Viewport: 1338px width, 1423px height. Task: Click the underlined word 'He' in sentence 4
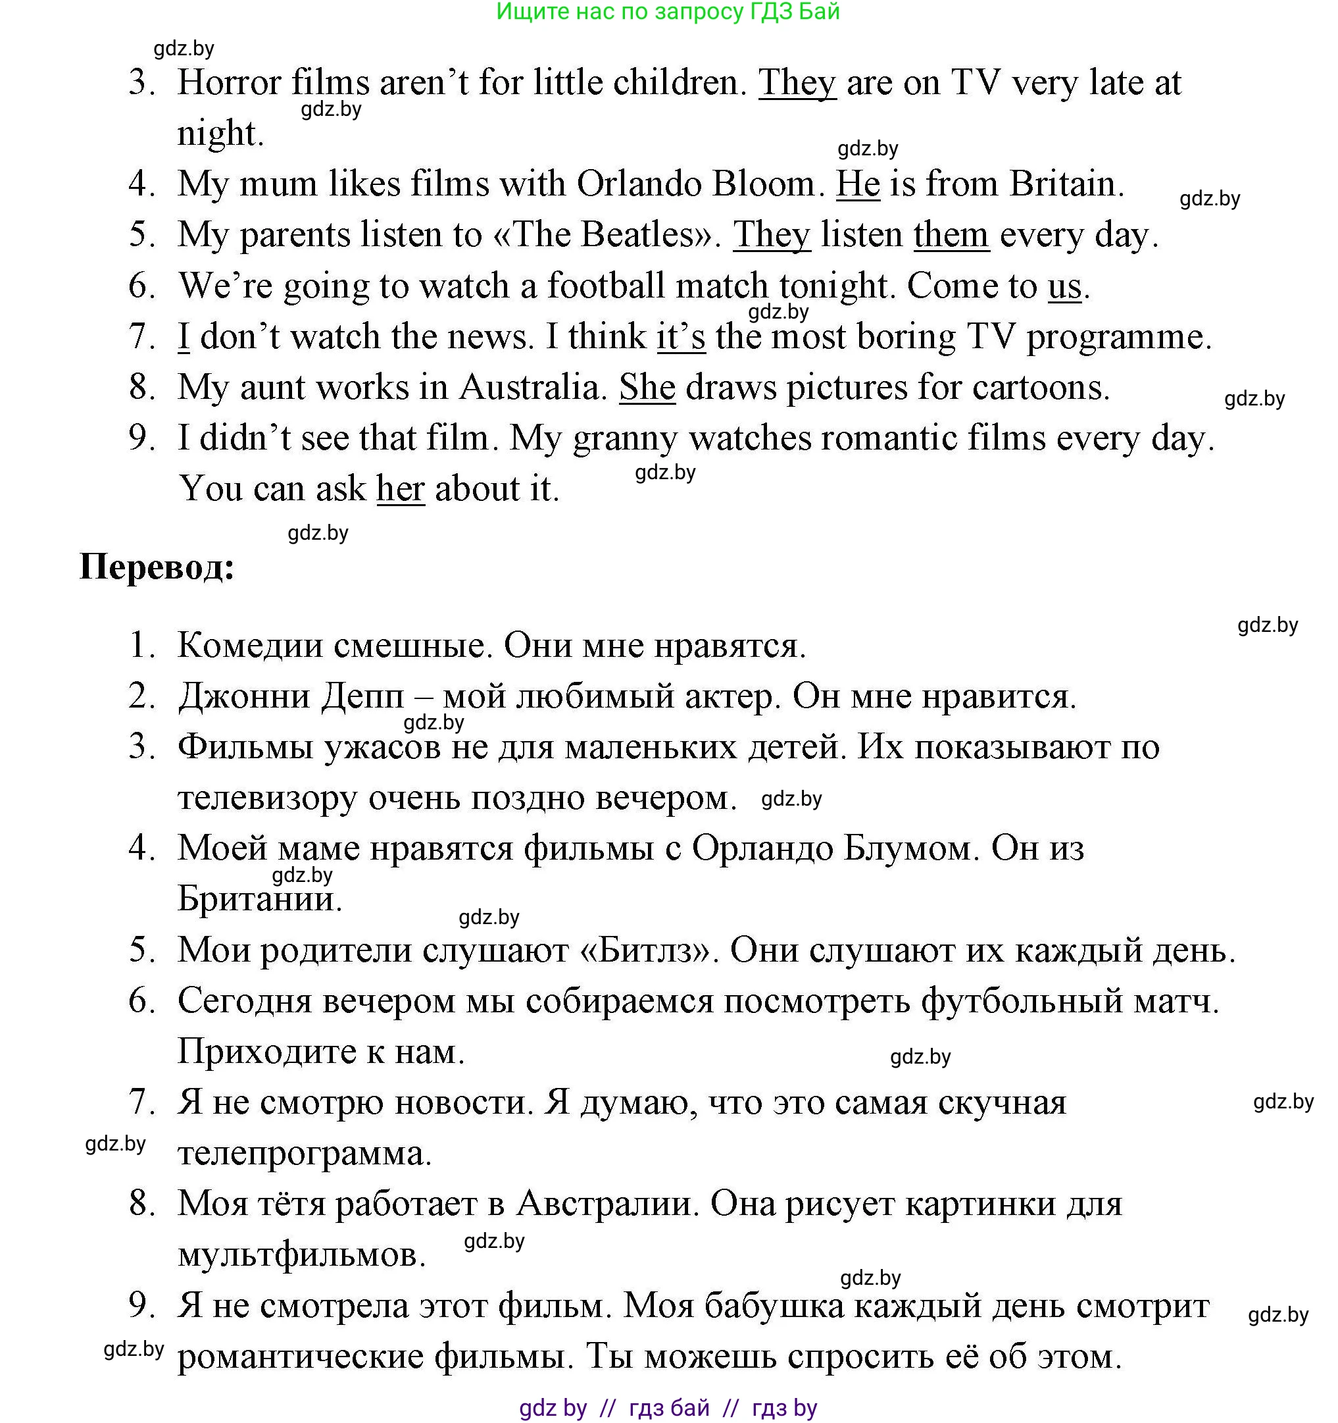(x=857, y=184)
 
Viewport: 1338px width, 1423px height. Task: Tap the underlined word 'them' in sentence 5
(x=951, y=235)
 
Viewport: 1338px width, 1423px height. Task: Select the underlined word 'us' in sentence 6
(x=1064, y=286)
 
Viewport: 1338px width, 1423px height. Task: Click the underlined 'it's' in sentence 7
(x=680, y=336)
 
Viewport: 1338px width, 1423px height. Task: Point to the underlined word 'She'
(x=647, y=387)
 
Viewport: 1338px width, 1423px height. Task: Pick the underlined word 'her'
(x=401, y=489)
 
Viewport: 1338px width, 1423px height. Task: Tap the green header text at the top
(x=668, y=12)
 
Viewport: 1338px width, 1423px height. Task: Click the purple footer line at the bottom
(x=668, y=1407)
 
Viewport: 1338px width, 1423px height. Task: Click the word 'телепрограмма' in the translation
(x=304, y=1153)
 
